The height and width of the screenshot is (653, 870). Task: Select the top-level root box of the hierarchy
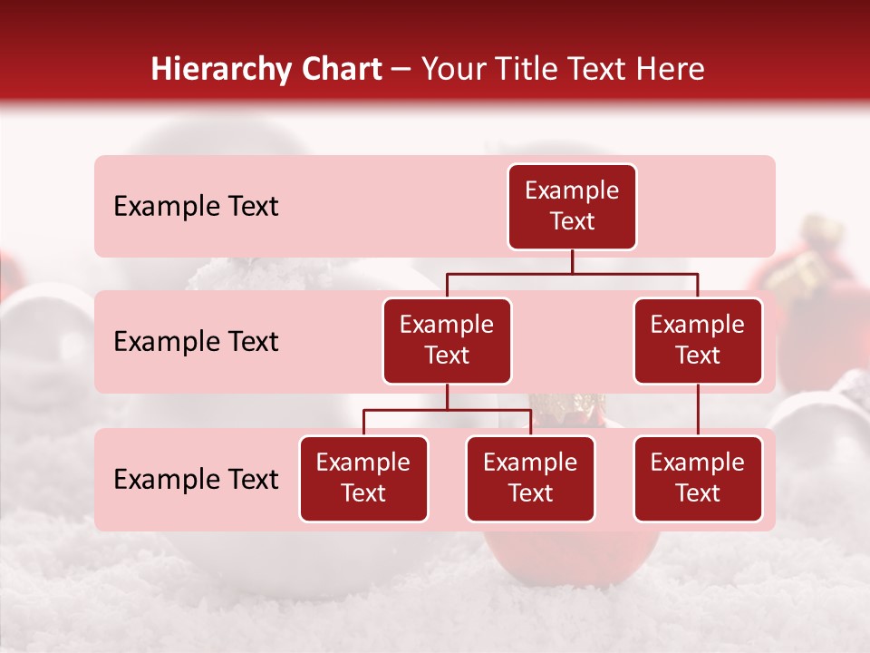[x=572, y=206]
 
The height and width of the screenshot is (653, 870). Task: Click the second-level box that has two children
[x=447, y=340]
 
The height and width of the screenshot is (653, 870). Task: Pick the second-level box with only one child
[x=698, y=340]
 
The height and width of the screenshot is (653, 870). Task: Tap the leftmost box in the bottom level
[x=363, y=478]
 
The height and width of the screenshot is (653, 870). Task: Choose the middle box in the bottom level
[x=530, y=478]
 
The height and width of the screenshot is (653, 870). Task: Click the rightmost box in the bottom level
[x=698, y=478]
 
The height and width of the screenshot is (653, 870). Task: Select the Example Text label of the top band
[x=196, y=207]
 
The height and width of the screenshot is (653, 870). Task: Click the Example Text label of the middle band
[x=196, y=342]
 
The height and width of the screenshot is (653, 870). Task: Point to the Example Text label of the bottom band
[x=196, y=479]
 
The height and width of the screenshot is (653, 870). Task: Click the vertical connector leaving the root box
[x=572, y=261]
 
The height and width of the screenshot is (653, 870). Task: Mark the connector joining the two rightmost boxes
[x=698, y=410]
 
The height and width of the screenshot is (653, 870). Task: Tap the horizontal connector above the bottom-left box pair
[x=447, y=410]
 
